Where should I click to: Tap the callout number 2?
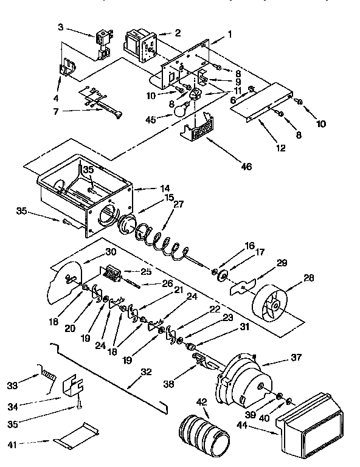click(x=177, y=32)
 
